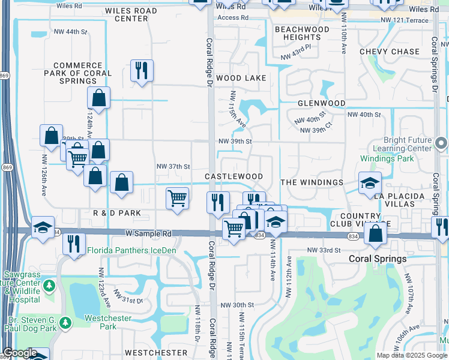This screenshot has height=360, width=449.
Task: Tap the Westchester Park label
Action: point(100,322)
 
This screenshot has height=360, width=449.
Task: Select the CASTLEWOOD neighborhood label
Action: point(234,176)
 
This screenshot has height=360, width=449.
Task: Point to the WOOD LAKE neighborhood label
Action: point(241,78)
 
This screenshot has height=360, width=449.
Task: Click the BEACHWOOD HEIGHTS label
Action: point(302,33)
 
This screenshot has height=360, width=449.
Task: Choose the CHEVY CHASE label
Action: point(389,52)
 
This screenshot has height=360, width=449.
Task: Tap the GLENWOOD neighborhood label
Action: point(322,103)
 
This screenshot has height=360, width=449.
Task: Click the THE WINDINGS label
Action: point(312,182)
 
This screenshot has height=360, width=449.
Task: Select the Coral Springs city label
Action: point(378,259)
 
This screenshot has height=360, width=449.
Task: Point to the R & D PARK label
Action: point(117,213)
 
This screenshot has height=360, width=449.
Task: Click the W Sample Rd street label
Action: point(148,233)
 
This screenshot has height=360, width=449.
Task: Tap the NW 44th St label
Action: point(70,31)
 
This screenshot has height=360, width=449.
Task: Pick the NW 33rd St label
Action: point(324,250)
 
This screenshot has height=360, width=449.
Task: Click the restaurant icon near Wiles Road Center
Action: point(142,71)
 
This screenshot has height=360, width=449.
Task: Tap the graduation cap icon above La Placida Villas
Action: point(370,183)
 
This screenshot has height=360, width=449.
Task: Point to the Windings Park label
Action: point(387,158)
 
